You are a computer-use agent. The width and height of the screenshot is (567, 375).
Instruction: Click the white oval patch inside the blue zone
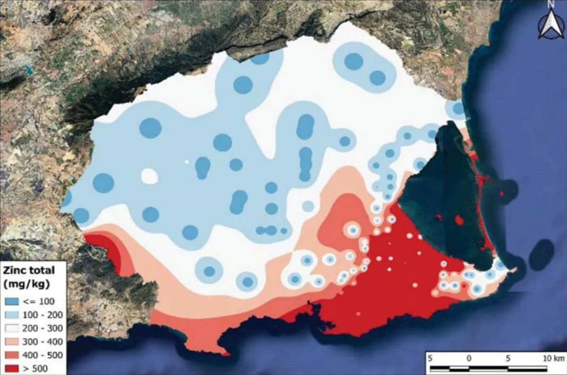(150, 176)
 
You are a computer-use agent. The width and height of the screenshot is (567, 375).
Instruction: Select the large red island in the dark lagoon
(460, 220)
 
